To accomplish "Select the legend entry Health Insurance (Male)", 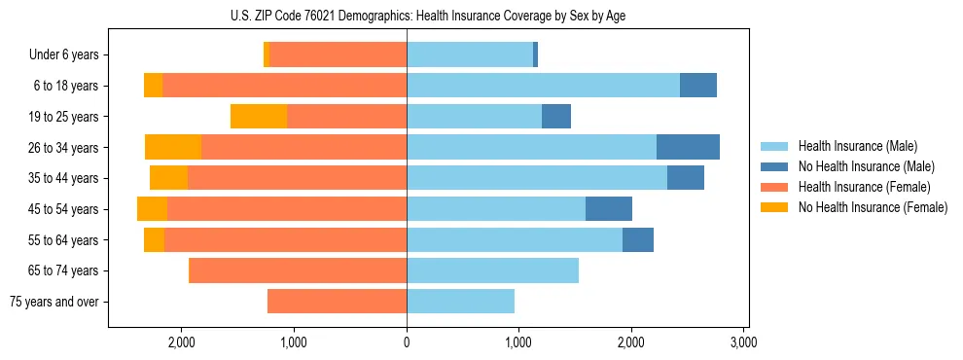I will tap(852, 146).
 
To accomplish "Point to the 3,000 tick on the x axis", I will tap(743, 342).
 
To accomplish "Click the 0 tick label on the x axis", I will tap(407, 342).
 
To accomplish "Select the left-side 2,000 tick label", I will tap(182, 342).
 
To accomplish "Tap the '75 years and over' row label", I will tap(54, 302).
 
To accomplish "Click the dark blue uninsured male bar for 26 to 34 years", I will tap(688, 147).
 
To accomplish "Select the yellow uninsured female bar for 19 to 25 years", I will tap(259, 117).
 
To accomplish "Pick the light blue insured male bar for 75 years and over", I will tap(460, 302).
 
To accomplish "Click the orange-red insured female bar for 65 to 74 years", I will tap(298, 270).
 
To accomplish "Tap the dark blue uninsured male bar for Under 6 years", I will tap(535, 55).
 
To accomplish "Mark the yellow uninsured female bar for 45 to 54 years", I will tap(152, 209).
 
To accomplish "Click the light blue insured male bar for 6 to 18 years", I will tap(543, 86).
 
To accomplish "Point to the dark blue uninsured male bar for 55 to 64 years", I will tap(638, 240).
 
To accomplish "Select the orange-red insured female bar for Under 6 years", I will tap(338, 55).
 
